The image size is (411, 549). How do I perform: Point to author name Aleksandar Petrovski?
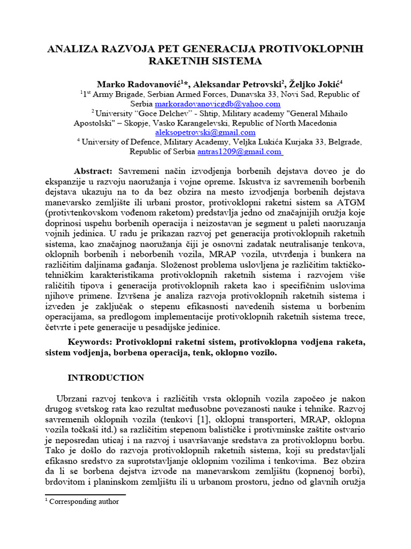coord(238,84)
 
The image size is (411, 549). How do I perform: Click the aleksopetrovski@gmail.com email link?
coord(205,132)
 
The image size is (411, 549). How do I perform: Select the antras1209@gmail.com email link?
coord(240,152)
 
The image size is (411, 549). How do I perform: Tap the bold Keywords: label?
coord(90,342)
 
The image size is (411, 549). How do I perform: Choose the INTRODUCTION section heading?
coord(105,378)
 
